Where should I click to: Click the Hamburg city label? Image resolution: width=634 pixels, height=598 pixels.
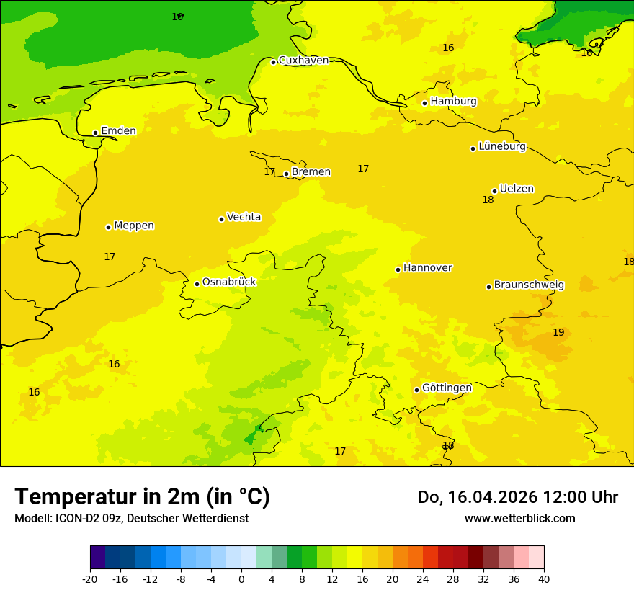[453, 102]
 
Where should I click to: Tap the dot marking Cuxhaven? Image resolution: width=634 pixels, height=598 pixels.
[273, 62]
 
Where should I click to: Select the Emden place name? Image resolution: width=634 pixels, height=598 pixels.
[118, 131]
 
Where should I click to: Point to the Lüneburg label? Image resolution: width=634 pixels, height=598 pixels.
[502, 146]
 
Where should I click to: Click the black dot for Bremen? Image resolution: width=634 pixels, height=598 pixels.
[286, 174]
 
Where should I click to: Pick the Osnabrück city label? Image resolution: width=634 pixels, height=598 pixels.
[229, 282]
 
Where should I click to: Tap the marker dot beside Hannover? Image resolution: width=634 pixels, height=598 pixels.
[398, 269]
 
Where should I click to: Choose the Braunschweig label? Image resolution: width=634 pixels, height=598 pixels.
[529, 285]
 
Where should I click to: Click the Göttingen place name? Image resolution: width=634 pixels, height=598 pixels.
[447, 388]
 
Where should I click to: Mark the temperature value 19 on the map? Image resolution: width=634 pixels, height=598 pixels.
[558, 332]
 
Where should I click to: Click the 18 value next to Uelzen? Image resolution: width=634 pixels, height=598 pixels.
[488, 200]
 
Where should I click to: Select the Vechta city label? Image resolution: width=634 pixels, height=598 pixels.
[244, 217]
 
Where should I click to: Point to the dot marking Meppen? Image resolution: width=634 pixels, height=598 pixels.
[108, 227]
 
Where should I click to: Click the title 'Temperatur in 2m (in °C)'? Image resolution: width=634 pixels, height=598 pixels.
[142, 496]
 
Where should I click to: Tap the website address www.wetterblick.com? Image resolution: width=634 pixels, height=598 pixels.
[519, 519]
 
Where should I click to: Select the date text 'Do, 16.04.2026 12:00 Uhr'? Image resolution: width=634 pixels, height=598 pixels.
[517, 497]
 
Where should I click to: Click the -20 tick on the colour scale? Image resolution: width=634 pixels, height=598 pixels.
[89, 579]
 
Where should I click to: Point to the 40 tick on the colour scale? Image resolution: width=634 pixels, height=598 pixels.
[543, 579]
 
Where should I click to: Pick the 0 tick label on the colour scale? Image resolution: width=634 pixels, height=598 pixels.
[241, 579]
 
